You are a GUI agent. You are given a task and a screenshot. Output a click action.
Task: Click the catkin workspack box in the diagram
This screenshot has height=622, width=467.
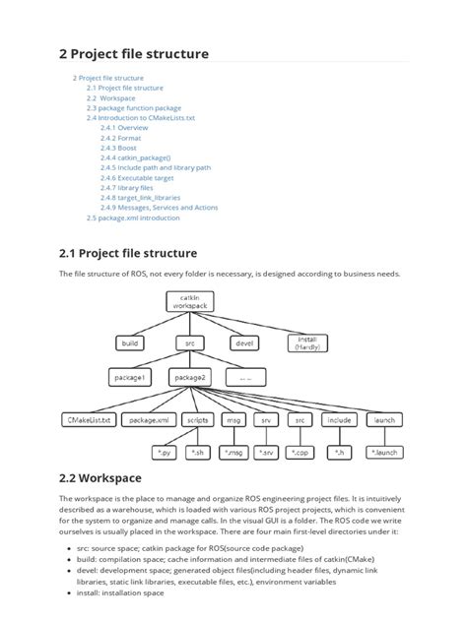[189, 301]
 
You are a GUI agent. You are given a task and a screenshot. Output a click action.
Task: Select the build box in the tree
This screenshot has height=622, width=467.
[130, 343]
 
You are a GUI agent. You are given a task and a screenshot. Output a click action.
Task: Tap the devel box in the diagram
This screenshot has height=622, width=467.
[244, 343]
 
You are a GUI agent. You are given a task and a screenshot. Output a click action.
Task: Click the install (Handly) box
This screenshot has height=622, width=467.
[306, 343]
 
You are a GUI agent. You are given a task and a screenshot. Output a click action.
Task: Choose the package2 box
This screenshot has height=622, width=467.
[189, 377]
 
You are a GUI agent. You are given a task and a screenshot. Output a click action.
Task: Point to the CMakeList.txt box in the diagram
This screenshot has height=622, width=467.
[90, 419]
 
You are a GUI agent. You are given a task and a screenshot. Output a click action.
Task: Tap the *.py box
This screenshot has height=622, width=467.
[164, 452]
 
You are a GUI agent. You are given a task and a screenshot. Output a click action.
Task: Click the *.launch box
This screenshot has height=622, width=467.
[383, 452]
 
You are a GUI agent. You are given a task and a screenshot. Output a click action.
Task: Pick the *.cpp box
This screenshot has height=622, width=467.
[301, 452]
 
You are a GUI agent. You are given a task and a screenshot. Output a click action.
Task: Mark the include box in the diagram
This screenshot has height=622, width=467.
[339, 419]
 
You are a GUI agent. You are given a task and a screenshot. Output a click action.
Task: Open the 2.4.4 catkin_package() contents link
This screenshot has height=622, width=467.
[135, 157]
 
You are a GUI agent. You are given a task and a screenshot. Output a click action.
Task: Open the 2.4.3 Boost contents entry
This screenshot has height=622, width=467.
[121, 148]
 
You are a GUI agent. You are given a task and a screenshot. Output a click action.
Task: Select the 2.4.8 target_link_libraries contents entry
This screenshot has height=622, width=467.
[140, 197]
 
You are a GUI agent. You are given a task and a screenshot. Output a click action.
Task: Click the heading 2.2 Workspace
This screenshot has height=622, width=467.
[100, 478]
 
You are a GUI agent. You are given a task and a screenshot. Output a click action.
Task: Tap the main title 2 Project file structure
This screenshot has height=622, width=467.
[134, 53]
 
